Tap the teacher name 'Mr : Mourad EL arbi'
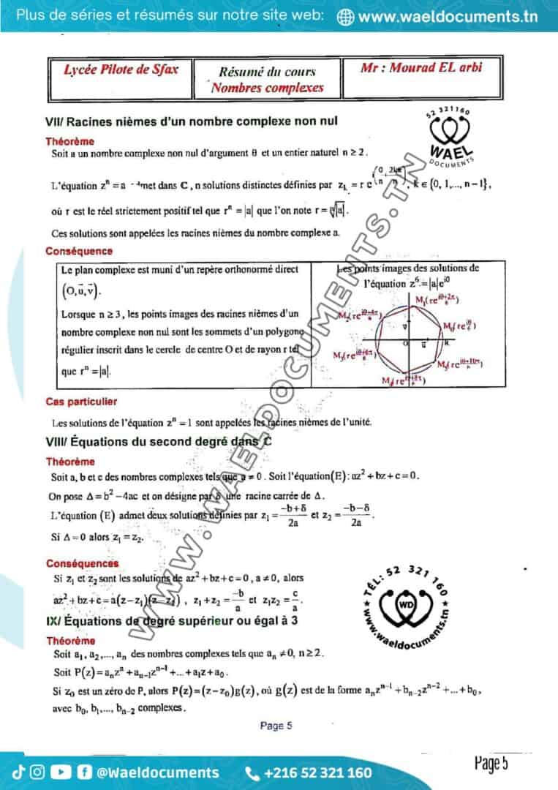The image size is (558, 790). [x=421, y=68]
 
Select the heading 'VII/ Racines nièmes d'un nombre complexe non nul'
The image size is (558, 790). [x=191, y=121]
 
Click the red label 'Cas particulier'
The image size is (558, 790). [x=80, y=402]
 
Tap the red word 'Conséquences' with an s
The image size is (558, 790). [x=82, y=563]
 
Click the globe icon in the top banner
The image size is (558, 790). [x=347, y=17]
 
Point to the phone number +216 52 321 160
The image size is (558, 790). [x=317, y=772]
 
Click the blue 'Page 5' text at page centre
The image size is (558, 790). [x=276, y=726]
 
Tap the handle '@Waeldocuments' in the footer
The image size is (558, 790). [x=158, y=772]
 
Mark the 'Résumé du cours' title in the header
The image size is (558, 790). [x=268, y=72]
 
